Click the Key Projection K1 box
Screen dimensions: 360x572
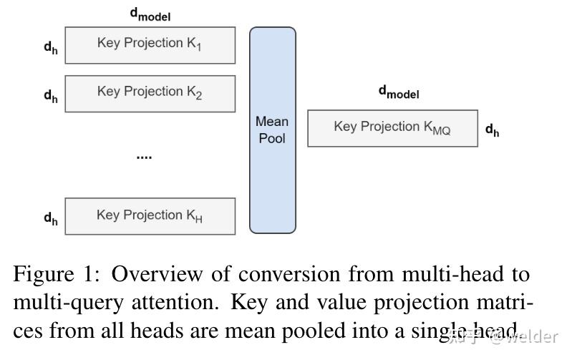150,44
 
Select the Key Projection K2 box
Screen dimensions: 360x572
150,93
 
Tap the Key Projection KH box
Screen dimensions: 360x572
150,215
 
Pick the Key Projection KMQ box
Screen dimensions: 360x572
392,128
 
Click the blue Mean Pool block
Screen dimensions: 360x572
272,130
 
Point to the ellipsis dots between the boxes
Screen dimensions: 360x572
144,156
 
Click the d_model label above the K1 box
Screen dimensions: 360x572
150,14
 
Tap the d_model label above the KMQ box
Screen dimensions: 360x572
398,92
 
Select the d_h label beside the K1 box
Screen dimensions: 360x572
50,47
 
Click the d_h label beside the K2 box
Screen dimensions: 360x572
50,96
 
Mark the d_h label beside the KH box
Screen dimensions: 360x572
50,218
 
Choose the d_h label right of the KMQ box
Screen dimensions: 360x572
492,130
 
